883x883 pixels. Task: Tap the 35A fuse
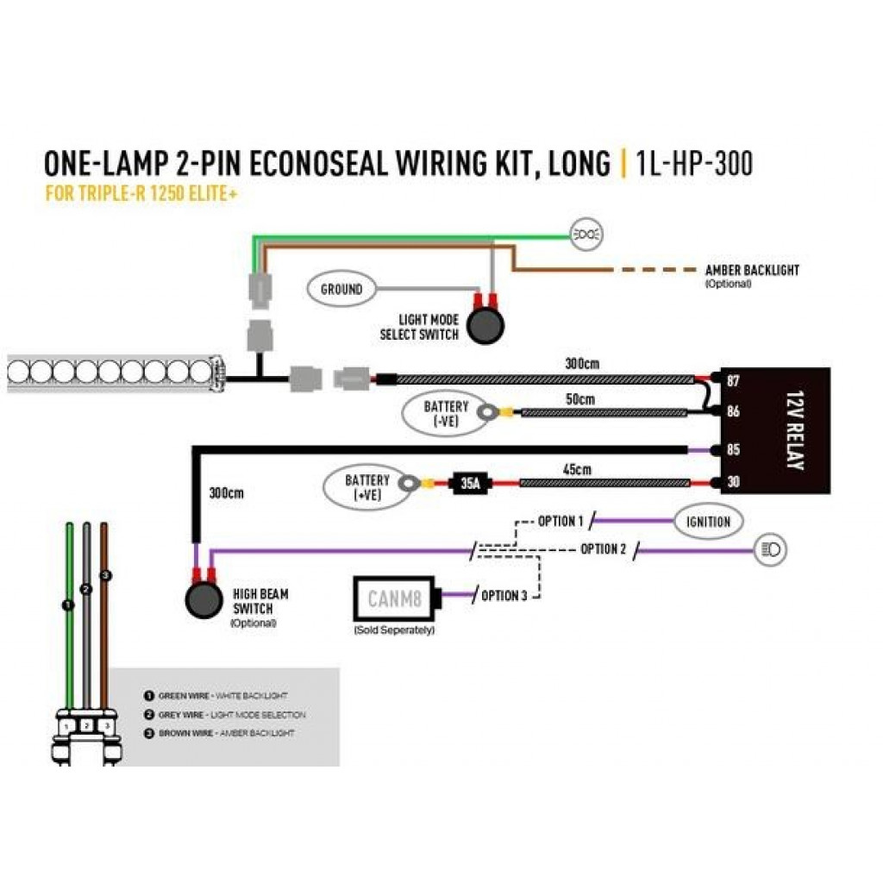pyautogui.click(x=470, y=484)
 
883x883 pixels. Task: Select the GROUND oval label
pyautogui.click(x=341, y=290)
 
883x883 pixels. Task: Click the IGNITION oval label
pyautogui.click(x=708, y=522)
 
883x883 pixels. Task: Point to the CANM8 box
pyautogui.click(x=395, y=597)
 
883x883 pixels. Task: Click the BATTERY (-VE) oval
pyautogui.click(x=446, y=412)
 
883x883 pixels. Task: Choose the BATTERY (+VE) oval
pyautogui.click(x=367, y=486)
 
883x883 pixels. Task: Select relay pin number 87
pyautogui.click(x=733, y=380)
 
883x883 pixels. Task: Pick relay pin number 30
pyautogui.click(x=733, y=483)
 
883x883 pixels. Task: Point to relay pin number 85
pyautogui.click(x=733, y=449)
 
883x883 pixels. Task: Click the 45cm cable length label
pyautogui.click(x=577, y=470)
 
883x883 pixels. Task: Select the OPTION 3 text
pyautogui.click(x=500, y=596)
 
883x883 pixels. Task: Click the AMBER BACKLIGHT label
pyautogui.click(x=751, y=270)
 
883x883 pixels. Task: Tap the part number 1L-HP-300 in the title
pyautogui.click(x=694, y=164)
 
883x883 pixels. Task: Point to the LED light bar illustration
pyautogui.click(x=112, y=373)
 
